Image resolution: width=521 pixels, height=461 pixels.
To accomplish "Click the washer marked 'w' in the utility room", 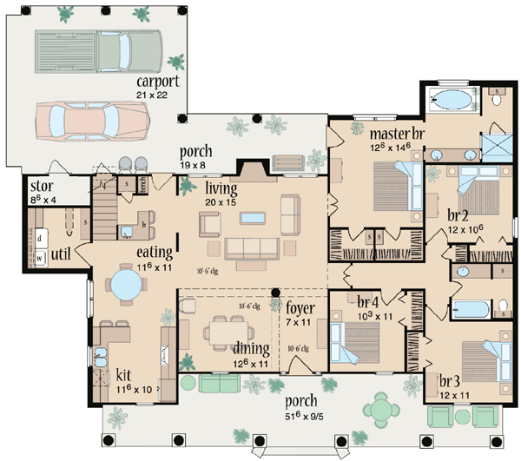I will coord(40,257).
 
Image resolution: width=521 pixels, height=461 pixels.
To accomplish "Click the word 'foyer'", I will coord(300,307).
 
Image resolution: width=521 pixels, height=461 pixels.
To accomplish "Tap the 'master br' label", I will coord(395,135).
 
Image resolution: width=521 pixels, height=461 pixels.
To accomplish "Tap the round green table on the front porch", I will coord(379,405).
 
